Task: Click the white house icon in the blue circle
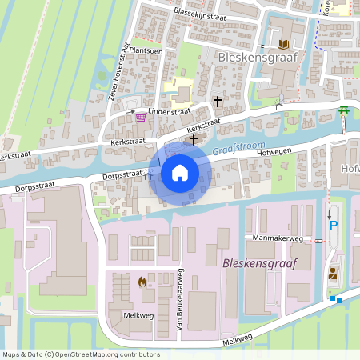[179, 172]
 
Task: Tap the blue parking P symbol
[334, 226]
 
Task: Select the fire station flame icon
[142, 281]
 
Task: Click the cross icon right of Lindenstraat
[218, 102]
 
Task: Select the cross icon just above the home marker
[193, 139]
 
